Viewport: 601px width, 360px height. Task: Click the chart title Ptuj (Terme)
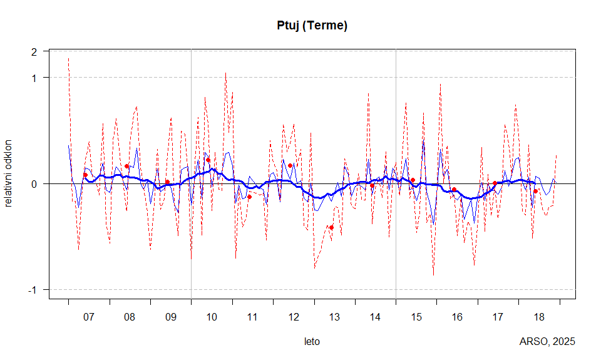click(312, 26)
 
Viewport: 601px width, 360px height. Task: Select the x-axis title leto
click(312, 342)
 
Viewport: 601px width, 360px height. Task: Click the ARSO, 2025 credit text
click(547, 342)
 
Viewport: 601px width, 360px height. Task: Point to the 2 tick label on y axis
click(35, 51)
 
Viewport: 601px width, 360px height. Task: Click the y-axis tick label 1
click(35, 78)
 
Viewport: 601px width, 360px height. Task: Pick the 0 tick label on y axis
click(35, 184)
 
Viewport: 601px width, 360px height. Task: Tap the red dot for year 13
click(331, 227)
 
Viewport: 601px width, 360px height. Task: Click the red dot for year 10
click(208, 160)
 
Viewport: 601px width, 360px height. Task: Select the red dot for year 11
click(249, 197)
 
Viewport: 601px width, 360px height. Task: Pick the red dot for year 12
click(290, 165)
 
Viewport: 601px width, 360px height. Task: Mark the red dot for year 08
click(126, 166)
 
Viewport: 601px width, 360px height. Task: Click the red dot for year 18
click(536, 191)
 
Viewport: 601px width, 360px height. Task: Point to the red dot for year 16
click(454, 189)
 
